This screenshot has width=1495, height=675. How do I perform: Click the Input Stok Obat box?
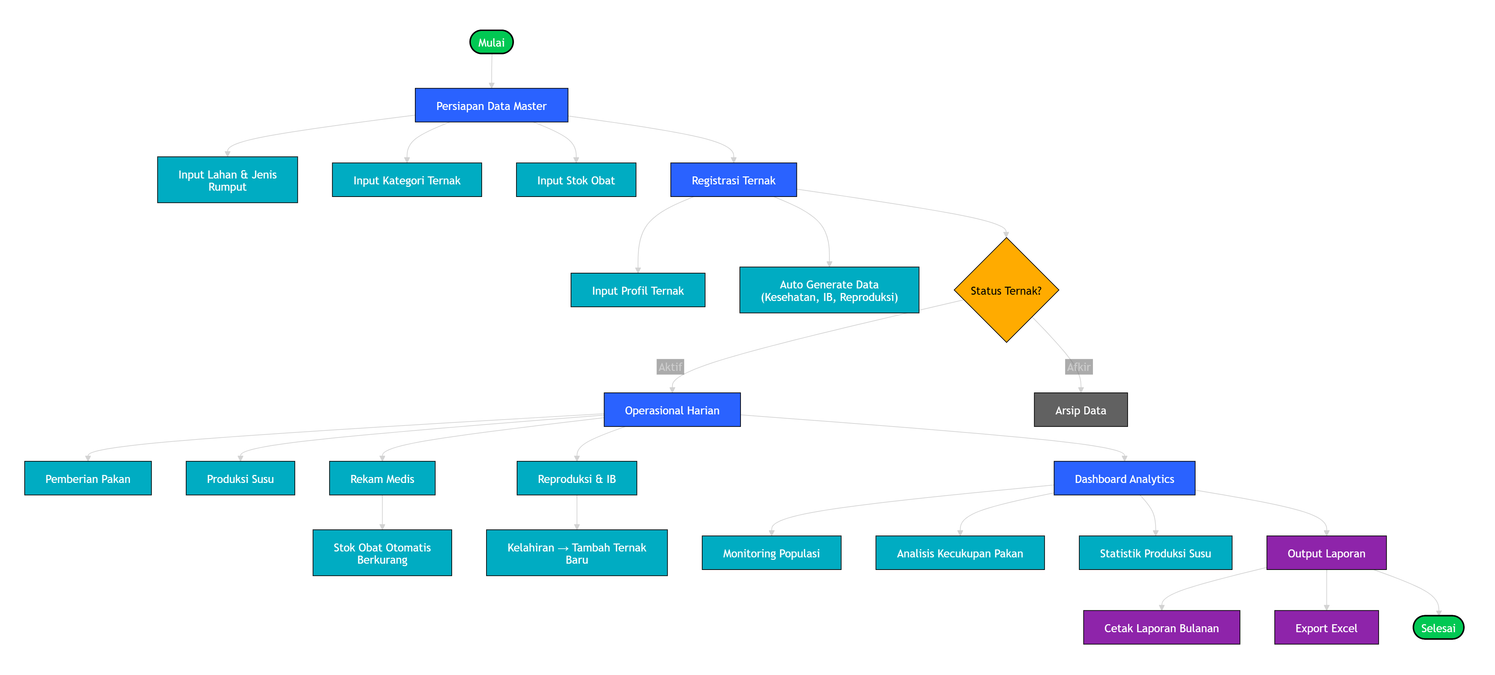(576, 180)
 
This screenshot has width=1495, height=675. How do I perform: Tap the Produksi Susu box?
(240, 479)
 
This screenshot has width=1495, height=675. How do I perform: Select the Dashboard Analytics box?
(1124, 479)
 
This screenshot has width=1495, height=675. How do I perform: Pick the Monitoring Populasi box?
(771, 553)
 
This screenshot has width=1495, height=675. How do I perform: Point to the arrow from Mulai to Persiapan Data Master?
(492, 71)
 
